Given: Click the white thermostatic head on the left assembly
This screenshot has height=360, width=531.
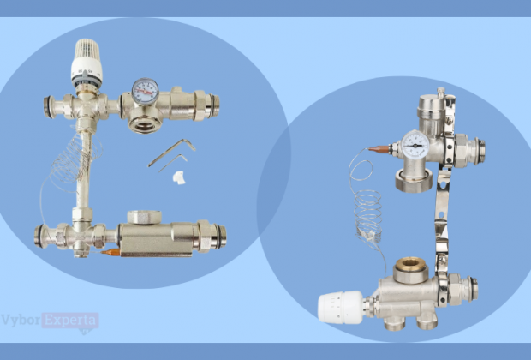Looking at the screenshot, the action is pyautogui.click(x=87, y=63).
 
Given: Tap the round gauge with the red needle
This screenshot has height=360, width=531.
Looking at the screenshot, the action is pyautogui.click(x=146, y=91).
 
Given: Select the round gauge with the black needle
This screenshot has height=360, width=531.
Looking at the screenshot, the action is pyautogui.click(x=415, y=145).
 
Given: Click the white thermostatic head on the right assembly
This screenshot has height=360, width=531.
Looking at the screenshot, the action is pyautogui.click(x=341, y=307).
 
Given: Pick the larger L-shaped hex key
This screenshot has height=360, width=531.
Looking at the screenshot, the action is pyautogui.click(x=171, y=152).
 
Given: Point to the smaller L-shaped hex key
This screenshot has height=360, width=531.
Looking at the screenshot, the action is pyautogui.click(x=173, y=163).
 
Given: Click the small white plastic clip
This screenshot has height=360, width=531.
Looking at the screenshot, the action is pyautogui.click(x=179, y=177).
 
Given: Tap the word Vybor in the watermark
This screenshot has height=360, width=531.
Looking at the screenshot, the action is pyautogui.click(x=21, y=321).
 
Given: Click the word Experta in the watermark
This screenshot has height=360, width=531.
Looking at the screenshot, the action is pyautogui.click(x=70, y=321).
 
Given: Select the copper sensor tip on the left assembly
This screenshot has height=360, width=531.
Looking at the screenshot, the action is pyautogui.click(x=110, y=252).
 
